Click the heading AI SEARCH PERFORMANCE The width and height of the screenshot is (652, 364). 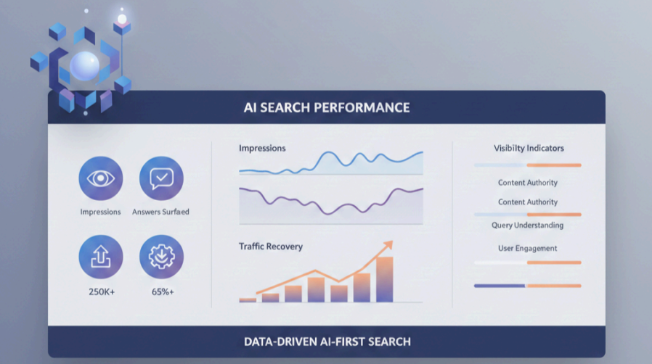(326, 108)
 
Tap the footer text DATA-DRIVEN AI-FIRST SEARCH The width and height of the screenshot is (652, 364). (326, 342)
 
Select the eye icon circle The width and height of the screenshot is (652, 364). (101, 178)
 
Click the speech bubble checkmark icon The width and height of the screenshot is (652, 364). (161, 178)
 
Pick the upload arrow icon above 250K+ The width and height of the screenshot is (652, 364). (101, 257)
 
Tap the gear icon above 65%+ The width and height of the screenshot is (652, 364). (161, 257)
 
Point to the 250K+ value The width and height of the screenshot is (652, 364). (100, 291)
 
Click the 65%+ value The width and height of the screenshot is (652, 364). (160, 291)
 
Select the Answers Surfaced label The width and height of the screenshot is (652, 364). (160, 212)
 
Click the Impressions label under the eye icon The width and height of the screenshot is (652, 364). (100, 212)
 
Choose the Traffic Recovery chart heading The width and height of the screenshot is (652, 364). (271, 247)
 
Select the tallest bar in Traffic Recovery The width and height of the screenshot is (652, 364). (385, 279)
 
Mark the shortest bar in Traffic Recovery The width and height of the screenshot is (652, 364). (248, 299)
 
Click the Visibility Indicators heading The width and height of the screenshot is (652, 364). (529, 148)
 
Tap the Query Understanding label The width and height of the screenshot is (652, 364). (527, 226)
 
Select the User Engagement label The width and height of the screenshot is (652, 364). (527, 248)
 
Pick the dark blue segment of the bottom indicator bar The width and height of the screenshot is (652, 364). (500, 286)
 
